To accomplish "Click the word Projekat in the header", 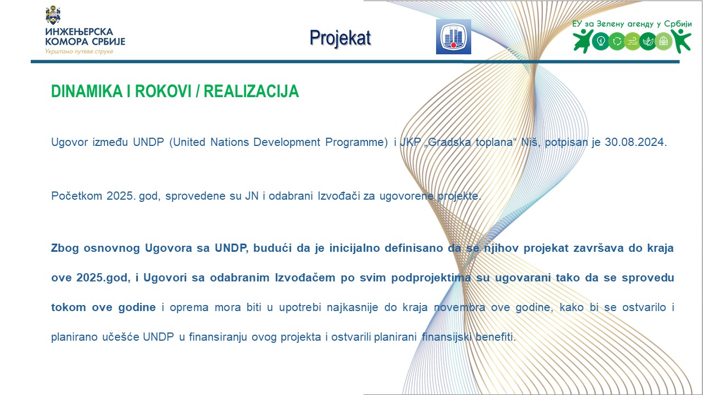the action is (340, 38).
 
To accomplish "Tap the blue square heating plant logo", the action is (454, 37).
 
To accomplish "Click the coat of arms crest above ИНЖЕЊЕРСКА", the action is (53, 15).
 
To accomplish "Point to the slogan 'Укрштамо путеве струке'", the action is (79, 52).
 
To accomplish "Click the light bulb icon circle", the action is (601, 41).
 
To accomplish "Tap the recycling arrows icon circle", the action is (617, 41).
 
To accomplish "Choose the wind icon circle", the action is (632, 41).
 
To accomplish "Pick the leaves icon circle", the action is (648, 41).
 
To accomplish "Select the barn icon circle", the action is (663, 41).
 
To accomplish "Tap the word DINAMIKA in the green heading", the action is (87, 91).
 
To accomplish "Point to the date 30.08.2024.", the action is (636, 142).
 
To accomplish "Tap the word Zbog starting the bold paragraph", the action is (65, 249).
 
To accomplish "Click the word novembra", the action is (460, 307).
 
